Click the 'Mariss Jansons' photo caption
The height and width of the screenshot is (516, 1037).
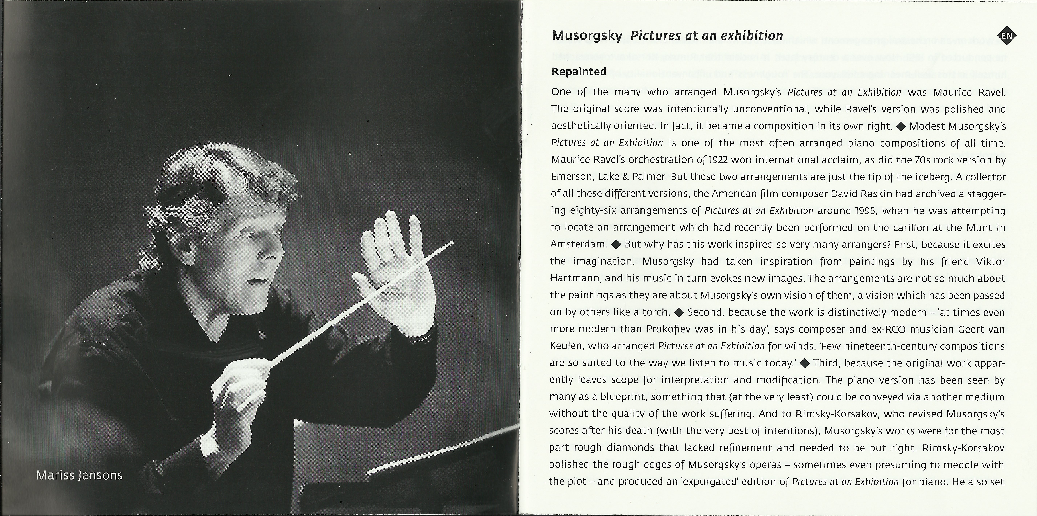[79, 475]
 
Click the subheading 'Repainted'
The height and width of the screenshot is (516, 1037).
[578, 72]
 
